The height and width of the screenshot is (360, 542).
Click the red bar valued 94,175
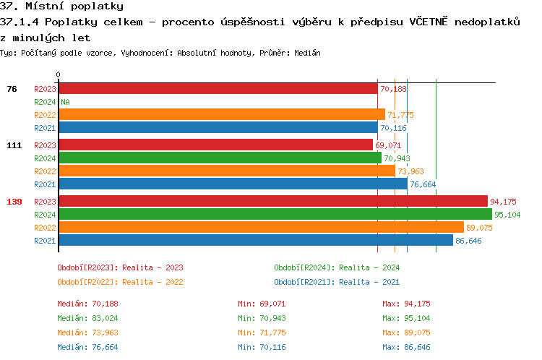[273, 202]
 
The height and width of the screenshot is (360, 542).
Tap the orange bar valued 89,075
[261, 228]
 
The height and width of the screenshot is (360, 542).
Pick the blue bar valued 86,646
[256, 241]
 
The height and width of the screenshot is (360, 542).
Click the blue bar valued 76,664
[233, 184]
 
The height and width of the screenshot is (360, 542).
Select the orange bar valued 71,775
[222, 115]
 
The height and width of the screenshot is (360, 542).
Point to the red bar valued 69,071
[215, 145]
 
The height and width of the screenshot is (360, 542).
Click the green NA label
[65, 102]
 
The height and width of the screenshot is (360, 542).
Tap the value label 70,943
[397, 158]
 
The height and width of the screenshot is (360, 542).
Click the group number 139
[14, 202]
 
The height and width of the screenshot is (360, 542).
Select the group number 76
[12, 89]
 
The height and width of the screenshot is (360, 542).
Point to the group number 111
[14, 145]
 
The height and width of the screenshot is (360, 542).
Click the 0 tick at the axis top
[58, 74]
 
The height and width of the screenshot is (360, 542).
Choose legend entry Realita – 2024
[337, 267]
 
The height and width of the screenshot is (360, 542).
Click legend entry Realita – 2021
[337, 282]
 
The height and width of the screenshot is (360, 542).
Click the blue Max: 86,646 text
[406, 347]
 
